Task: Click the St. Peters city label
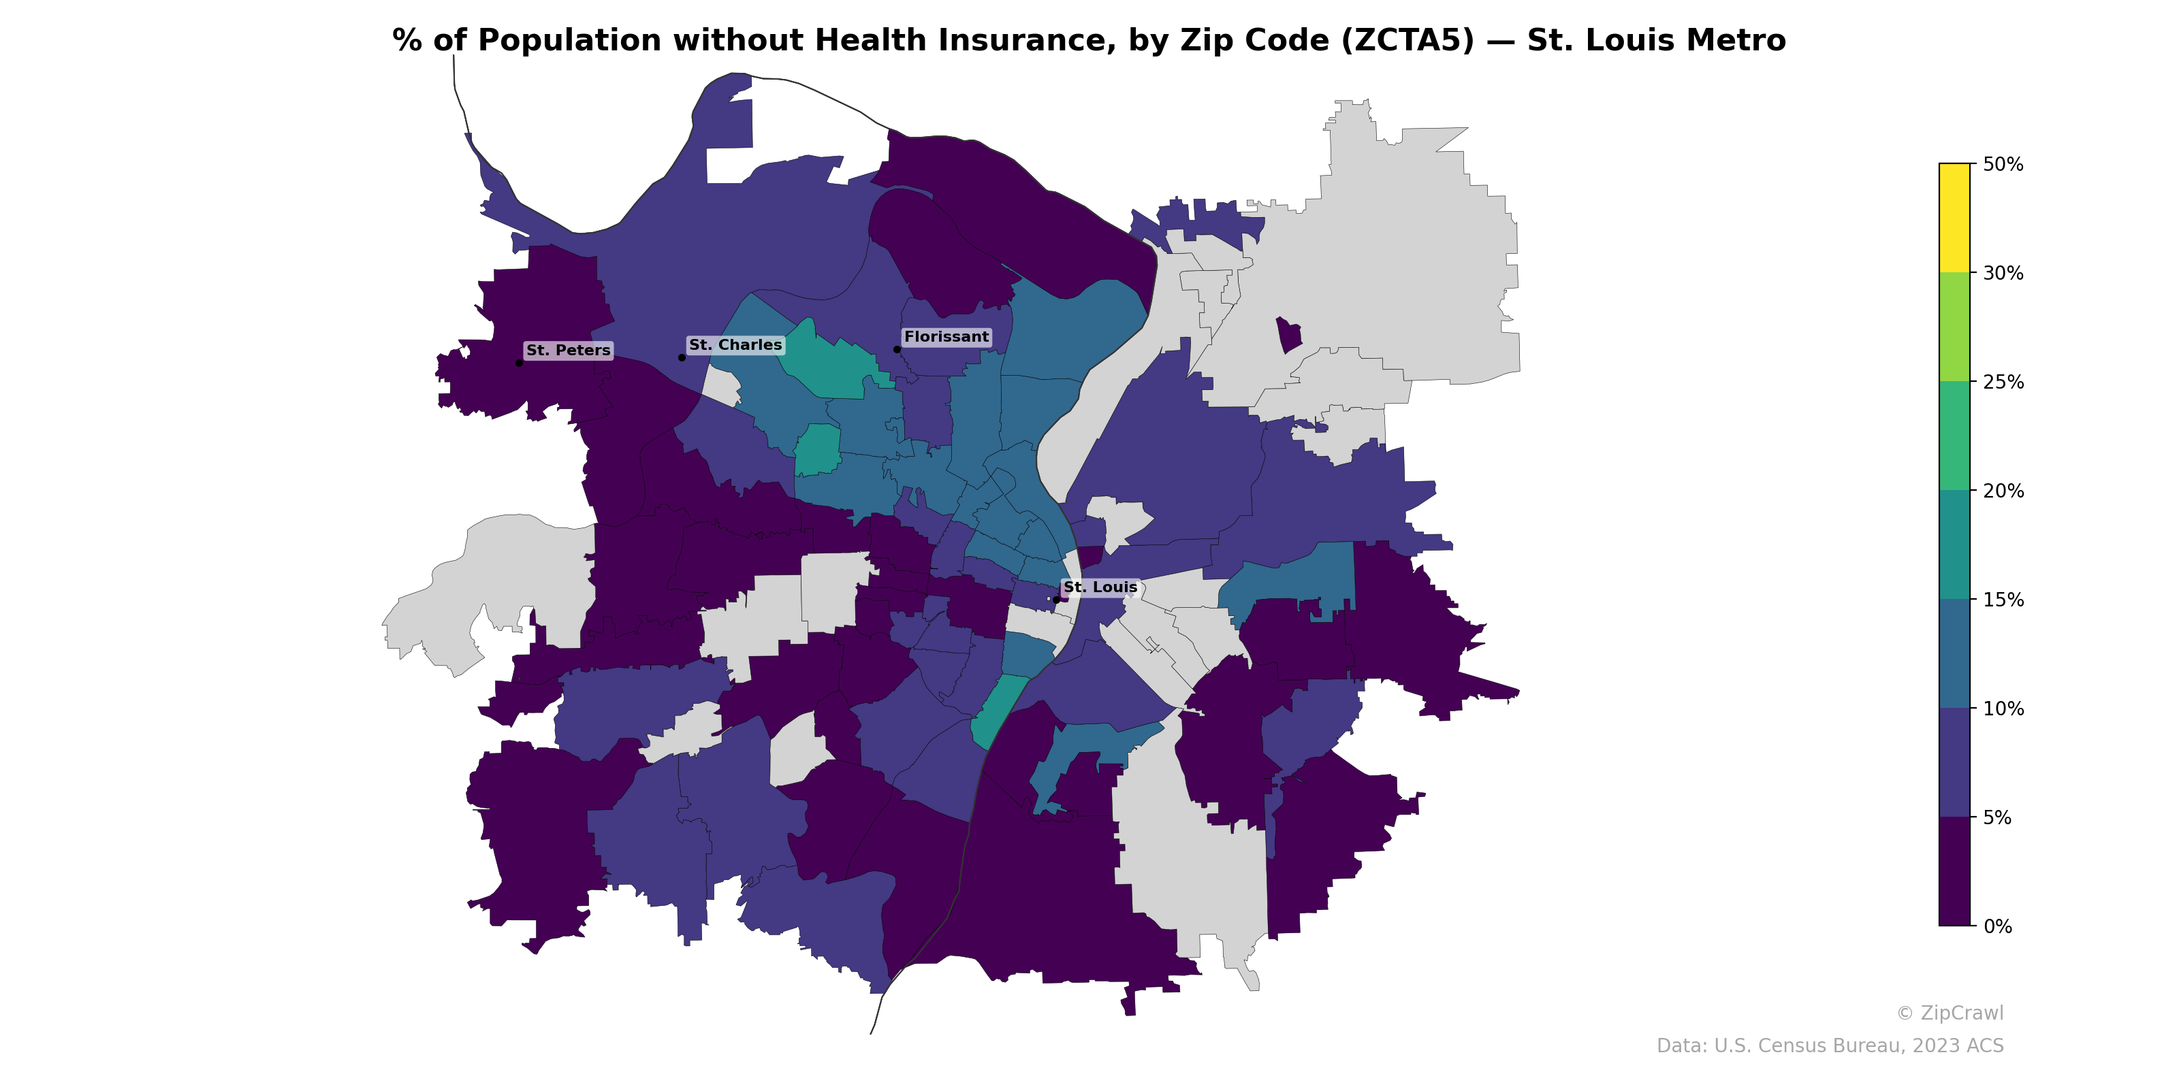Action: point(568,350)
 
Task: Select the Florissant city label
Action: point(946,336)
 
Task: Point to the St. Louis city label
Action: point(1100,587)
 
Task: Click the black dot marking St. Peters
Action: point(518,363)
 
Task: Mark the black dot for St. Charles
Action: point(682,357)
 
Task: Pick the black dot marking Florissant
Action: point(897,349)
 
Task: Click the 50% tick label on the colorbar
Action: point(2002,164)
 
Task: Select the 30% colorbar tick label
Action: point(2002,273)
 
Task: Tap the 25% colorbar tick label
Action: point(2002,382)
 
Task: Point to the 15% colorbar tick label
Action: point(2002,600)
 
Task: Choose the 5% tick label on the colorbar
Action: point(1997,817)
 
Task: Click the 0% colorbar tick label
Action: point(1997,926)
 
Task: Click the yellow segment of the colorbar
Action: point(1954,217)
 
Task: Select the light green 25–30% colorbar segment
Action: point(1954,327)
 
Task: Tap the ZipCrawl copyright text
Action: point(1949,1013)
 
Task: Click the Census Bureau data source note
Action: point(1829,1046)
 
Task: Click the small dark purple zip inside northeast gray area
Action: point(1288,335)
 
